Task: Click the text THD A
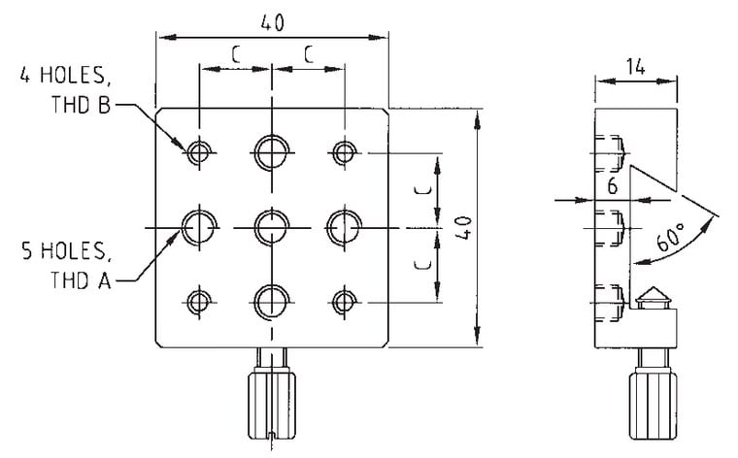[x=78, y=281]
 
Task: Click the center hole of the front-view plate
[x=272, y=227]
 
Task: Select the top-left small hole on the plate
[x=200, y=151]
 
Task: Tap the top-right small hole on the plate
[x=344, y=151]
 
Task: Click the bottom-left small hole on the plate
[x=200, y=301]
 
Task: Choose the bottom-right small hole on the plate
[x=344, y=301]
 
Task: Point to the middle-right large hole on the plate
[x=344, y=227]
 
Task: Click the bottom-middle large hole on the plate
[x=272, y=300]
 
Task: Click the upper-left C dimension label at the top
[x=236, y=55]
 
